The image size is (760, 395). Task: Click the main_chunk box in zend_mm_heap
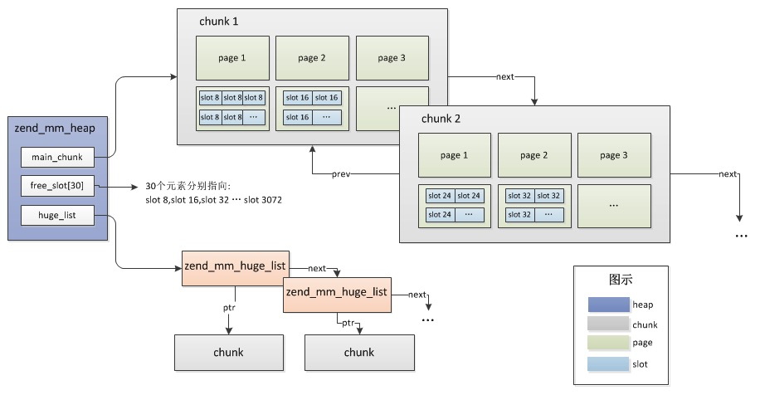click(x=57, y=157)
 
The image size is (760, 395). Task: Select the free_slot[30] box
click(x=57, y=187)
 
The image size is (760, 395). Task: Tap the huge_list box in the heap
click(x=57, y=217)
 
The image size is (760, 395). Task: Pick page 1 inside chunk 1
click(x=232, y=58)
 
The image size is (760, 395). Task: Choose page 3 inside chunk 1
click(x=392, y=58)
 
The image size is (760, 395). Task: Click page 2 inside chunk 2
click(x=534, y=155)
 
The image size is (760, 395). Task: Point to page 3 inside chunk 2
click(x=614, y=155)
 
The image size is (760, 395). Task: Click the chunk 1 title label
click(x=218, y=22)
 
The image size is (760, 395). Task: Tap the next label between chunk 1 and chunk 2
click(x=505, y=76)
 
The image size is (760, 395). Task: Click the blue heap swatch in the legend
click(x=607, y=305)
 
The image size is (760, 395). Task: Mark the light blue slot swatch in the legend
click(x=607, y=363)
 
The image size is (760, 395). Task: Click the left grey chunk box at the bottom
click(x=228, y=353)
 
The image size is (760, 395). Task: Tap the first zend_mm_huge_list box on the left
click(x=235, y=266)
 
